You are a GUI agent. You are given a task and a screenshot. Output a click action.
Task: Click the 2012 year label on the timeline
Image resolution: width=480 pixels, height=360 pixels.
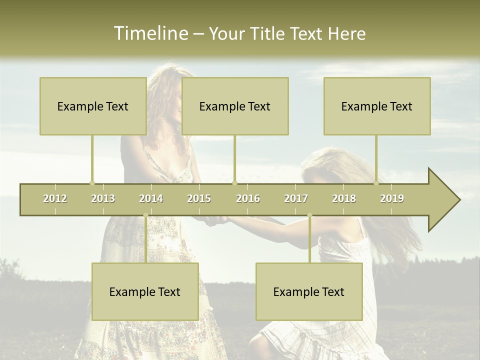coord(55,198)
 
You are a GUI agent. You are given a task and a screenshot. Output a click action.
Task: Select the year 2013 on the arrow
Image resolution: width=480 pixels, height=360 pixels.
coord(103,198)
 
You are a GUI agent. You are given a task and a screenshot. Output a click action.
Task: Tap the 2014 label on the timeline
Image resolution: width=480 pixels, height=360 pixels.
coord(151,198)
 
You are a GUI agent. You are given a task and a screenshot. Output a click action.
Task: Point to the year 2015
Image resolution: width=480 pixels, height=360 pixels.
coord(199,198)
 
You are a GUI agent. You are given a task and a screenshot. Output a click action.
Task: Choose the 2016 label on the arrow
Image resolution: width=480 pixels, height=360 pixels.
coord(248,198)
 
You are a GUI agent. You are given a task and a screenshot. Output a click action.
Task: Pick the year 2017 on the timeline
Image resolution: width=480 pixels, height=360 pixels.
coord(296,198)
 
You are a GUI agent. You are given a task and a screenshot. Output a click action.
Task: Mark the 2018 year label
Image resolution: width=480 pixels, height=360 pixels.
coord(344,198)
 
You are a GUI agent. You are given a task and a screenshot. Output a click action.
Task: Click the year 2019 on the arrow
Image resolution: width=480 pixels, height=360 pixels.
coord(392,198)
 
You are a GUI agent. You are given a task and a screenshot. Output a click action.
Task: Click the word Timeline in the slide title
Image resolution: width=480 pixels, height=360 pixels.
coord(150,33)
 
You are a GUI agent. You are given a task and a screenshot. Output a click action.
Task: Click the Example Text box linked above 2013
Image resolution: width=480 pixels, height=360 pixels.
coord(93,106)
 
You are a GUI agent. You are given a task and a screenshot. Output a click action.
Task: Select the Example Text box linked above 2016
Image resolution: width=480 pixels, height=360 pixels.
coord(235,106)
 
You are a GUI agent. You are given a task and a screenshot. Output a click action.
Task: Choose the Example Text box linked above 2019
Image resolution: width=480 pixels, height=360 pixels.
coord(377,106)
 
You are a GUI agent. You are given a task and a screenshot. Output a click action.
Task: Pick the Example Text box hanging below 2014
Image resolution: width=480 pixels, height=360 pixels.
coord(145,291)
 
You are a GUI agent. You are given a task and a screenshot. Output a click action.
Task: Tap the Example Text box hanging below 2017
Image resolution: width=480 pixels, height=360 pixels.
coord(309,291)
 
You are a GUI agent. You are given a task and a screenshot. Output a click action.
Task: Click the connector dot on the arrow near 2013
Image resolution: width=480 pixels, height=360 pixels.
coord(92,183)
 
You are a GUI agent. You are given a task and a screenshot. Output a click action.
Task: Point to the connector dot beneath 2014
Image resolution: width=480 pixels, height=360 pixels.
coord(145,215)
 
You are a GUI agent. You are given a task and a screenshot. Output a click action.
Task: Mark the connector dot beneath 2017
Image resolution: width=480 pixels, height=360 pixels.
coord(309,215)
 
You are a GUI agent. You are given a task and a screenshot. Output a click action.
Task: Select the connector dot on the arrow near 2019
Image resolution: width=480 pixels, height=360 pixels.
coord(376,183)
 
